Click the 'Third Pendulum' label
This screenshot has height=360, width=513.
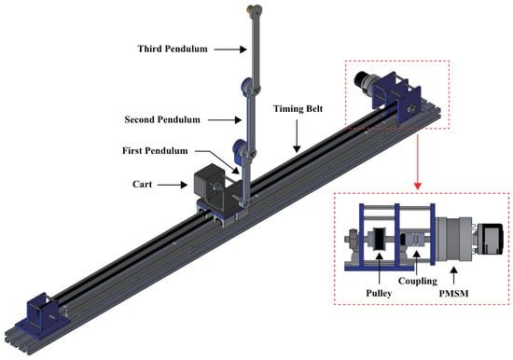point(173,49)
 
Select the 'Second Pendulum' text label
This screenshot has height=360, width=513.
point(162,119)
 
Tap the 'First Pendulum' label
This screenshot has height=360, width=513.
point(155,151)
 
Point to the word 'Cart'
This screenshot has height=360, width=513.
point(143,185)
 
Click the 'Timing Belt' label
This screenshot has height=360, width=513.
point(298,109)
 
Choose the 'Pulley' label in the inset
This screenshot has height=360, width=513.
point(379,293)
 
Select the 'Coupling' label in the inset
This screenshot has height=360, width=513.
point(418,281)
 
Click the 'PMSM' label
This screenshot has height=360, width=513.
point(454,294)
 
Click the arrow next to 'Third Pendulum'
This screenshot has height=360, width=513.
point(230,49)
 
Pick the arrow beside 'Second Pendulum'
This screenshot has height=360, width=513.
point(225,120)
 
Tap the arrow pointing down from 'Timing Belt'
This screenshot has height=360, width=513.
point(297,136)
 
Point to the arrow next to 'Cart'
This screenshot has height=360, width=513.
point(173,185)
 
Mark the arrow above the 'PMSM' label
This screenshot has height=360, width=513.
point(453,275)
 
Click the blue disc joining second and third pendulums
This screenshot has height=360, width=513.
point(246,86)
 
